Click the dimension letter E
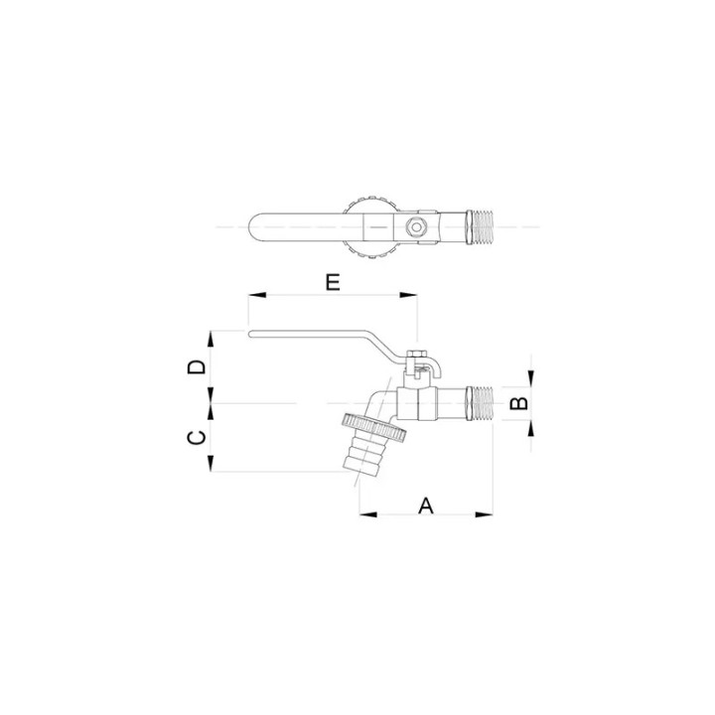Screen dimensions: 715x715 tap(333, 282)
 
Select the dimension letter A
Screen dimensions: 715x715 tap(426, 505)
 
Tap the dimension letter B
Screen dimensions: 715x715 tap(518, 403)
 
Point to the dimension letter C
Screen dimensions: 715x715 tap(197, 438)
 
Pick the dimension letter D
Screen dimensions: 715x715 tap(197, 366)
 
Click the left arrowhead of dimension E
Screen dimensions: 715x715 tap(257, 295)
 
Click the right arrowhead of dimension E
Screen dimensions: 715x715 tap(408, 295)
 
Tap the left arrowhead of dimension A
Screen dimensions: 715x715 tap(368, 514)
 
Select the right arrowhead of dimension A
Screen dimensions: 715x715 tap(485, 514)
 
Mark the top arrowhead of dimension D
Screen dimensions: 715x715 tap(211, 340)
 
